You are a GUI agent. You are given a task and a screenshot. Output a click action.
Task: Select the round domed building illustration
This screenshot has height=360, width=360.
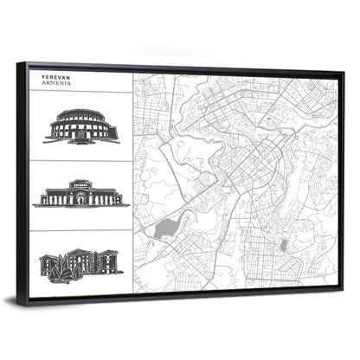81,126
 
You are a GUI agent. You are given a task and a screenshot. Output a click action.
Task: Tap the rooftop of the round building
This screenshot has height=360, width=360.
81,113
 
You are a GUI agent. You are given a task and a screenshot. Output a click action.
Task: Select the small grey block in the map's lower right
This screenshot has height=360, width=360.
282,246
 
